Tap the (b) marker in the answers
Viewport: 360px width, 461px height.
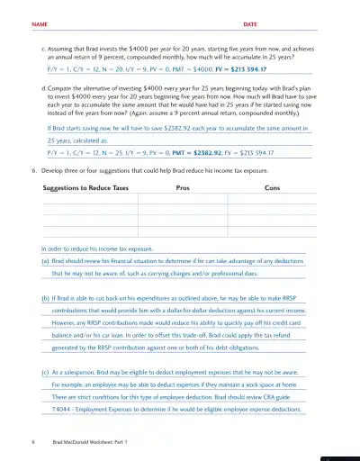(x=46, y=295)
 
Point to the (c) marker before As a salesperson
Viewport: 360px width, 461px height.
(x=46, y=370)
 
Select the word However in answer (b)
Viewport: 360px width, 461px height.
(x=67, y=320)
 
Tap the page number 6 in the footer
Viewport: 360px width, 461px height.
(x=32, y=443)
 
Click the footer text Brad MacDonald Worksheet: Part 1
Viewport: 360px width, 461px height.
(x=90, y=443)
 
